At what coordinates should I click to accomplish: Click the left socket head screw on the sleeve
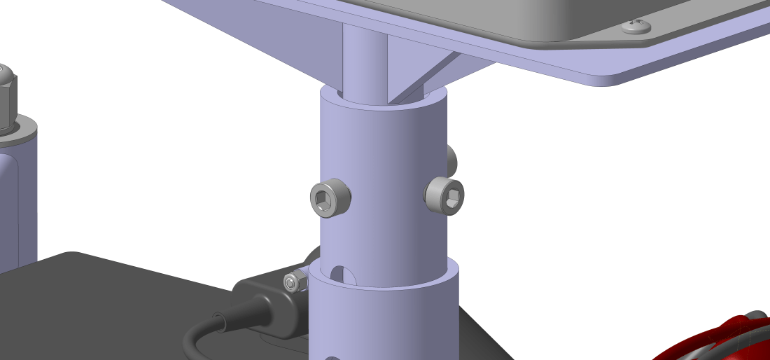click(x=330, y=198)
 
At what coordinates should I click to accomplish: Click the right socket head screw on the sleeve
click(x=445, y=195)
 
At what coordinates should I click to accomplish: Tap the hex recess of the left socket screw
click(x=324, y=201)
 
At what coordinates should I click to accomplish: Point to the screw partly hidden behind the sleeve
click(x=452, y=160)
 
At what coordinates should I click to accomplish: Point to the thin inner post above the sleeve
click(x=363, y=60)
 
